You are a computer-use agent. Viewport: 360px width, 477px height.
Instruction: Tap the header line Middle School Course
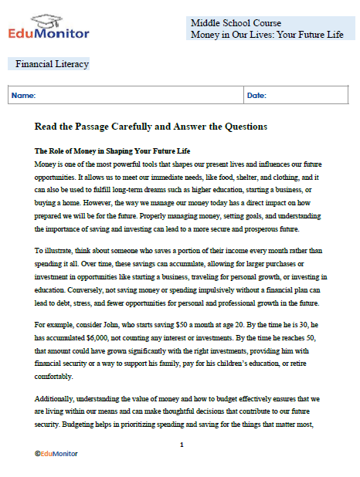tap(236, 23)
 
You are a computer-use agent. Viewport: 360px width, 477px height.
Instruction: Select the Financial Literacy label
tap(52, 64)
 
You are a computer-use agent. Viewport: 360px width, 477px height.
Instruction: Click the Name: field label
tap(24, 96)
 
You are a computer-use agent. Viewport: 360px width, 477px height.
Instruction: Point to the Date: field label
tap(256, 96)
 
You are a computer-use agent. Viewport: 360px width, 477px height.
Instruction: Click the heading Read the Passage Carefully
tap(151, 126)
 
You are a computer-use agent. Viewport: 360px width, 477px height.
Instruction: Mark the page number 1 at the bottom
tap(181, 445)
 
